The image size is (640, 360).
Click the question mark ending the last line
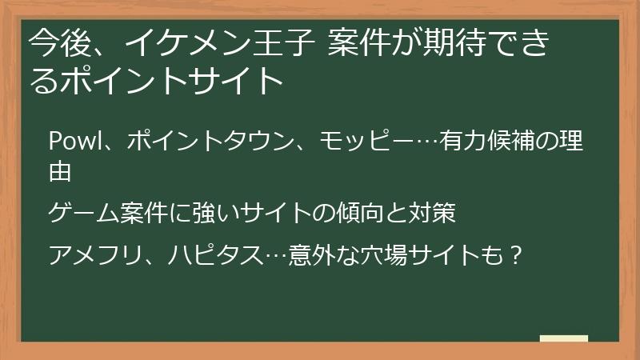[515, 255]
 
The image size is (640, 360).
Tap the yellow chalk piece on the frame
[563, 339]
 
